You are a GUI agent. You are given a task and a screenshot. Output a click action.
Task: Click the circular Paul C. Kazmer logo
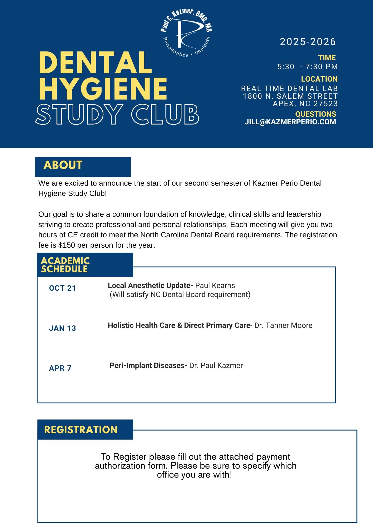[x=186, y=32]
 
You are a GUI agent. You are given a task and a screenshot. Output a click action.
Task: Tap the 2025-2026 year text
[x=308, y=42]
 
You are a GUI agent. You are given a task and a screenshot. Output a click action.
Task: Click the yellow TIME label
[x=327, y=58]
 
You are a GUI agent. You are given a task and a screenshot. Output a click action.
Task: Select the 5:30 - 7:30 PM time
[x=307, y=67]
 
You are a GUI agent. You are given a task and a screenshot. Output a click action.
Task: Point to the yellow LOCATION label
[x=319, y=79]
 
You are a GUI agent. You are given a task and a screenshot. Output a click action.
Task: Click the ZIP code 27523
[x=326, y=103]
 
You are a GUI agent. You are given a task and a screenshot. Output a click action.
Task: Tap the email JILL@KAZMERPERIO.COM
[x=290, y=122]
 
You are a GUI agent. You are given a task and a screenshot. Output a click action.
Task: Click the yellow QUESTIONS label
[x=315, y=114]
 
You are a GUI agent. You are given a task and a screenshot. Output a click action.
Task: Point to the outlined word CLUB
[x=165, y=114]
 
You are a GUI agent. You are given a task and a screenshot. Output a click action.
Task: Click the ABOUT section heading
[x=63, y=165]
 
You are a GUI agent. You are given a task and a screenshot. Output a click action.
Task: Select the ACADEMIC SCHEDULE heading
[x=65, y=265]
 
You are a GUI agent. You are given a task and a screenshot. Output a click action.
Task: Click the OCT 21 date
[x=63, y=288]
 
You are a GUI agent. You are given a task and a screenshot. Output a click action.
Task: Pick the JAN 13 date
[x=63, y=328]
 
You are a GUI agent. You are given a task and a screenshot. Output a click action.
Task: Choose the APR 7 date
[x=60, y=368]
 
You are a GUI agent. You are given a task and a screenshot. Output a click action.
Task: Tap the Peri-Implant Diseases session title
[x=148, y=366]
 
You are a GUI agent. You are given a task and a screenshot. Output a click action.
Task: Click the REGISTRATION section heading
[x=81, y=430]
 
